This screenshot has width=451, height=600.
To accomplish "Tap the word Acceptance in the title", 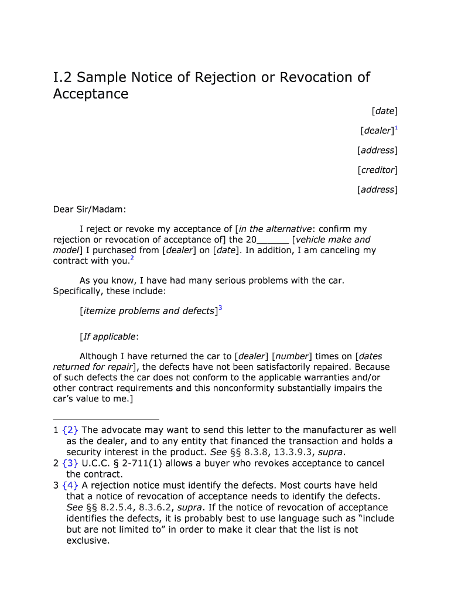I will (91, 94).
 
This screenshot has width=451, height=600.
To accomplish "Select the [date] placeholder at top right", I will (384, 111).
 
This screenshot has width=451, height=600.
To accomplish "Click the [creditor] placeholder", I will (378, 170).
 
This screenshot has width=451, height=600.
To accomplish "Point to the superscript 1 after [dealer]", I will (396, 128).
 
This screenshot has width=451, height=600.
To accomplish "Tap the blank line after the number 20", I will (273, 240).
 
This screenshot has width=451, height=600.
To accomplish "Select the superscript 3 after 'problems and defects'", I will (220, 308).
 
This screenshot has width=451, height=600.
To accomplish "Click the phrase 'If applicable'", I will (110, 336).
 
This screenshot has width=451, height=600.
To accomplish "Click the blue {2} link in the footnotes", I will (71, 430).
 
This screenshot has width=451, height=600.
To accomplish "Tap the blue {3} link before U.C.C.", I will (71, 463).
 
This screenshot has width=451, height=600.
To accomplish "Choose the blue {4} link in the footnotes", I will (71, 485).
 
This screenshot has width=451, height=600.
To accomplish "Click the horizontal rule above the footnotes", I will (106, 420).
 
